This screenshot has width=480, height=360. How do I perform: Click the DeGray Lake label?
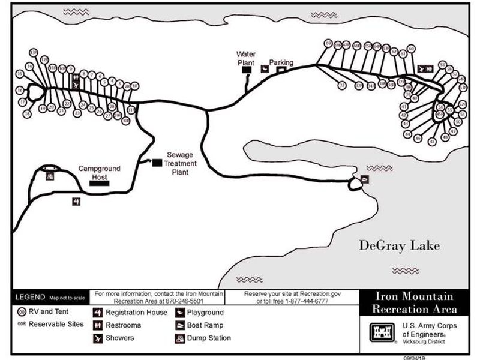(x=399, y=245)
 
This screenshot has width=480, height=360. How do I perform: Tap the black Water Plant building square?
(x=246, y=70)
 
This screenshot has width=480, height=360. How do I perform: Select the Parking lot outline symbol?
(x=280, y=70)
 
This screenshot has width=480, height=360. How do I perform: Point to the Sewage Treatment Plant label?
(x=180, y=163)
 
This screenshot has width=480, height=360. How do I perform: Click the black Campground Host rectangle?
(x=100, y=182)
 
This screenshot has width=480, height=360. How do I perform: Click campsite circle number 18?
(x=26, y=114)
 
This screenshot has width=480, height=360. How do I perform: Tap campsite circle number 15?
(x=20, y=74)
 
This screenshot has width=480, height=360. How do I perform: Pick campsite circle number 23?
(x=77, y=113)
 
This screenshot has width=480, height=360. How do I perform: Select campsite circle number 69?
(x=328, y=43)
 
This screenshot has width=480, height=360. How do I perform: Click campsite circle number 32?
(x=342, y=85)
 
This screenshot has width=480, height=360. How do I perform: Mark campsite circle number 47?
(x=432, y=142)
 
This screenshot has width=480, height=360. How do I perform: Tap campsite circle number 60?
(x=411, y=49)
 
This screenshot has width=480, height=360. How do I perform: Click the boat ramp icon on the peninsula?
(x=364, y=179)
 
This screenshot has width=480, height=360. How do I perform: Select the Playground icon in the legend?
(x=179, y=313)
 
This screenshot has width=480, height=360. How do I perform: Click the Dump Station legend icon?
(x=179, y=338)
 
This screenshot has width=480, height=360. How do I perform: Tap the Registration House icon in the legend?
(x=97, y=313)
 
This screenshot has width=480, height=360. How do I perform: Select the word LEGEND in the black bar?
(x=29, y=297)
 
